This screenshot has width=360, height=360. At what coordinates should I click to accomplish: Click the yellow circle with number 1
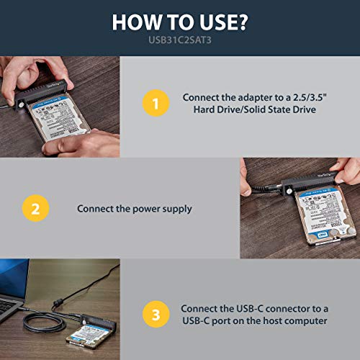coord(152,103)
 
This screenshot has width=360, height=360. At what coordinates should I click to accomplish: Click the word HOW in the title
coord(138,22)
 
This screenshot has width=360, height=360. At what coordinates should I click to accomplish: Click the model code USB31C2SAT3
coord(180,41)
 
